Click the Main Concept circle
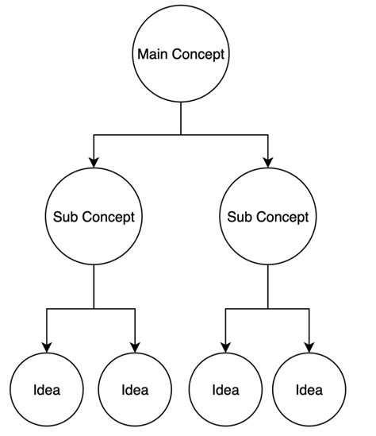(181, 55)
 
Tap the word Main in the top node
(152, 55)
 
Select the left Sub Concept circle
(94, 217)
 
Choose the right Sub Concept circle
(267, 217)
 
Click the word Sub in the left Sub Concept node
(64, 217)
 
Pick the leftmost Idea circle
(47, 390)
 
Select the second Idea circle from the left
(134, 390)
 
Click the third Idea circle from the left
(226, 390)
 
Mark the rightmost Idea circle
(309, 390)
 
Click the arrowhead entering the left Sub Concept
(94, 162)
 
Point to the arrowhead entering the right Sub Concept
(267, 162)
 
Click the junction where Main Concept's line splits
(181, 136)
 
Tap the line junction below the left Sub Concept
(94, 308)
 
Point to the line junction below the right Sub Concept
(267, 308)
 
